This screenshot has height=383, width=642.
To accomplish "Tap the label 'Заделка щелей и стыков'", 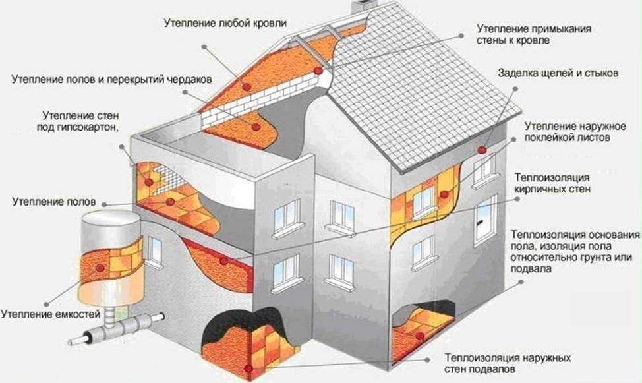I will click(x=558, y=74).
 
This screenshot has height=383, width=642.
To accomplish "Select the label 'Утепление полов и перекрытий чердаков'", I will click(x=111, y=79).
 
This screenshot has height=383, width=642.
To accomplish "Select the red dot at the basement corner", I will click(x=248, y=367).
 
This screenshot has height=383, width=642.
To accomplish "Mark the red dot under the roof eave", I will click(x=482, y=150).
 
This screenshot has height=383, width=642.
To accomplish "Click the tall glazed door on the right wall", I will click(x=485, y=221).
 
